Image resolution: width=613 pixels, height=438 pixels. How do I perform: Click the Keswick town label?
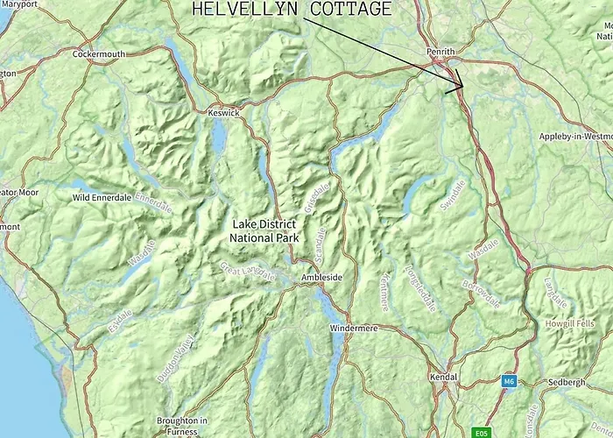223,113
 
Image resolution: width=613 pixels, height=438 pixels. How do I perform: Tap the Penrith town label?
440,53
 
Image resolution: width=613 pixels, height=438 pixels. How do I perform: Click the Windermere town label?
353,328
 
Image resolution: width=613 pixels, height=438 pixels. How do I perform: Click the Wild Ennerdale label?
102,198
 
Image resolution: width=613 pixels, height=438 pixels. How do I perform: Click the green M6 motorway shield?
509,381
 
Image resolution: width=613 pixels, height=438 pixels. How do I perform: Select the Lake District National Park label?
264,230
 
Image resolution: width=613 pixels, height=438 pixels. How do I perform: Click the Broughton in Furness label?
182,426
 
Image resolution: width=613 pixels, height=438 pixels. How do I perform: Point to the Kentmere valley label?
383,290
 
